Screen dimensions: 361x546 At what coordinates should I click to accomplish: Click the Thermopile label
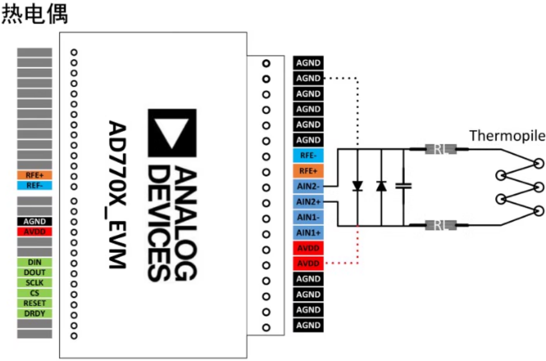(507, 136)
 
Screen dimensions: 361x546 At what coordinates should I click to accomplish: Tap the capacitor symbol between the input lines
(404, 186)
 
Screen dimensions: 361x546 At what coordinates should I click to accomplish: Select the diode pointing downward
(357, 186)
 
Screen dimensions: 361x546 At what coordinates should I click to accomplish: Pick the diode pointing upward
(381, 186)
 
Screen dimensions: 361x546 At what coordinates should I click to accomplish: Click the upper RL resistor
(440, 150)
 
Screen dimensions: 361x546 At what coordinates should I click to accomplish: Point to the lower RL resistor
(440, 225)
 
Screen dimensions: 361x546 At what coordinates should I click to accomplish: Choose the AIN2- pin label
(308, 186)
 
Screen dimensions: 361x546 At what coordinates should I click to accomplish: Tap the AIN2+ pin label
(308, 202)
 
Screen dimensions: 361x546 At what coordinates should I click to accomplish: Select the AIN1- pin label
(308, 217)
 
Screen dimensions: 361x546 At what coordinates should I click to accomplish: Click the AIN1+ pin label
(308, 233)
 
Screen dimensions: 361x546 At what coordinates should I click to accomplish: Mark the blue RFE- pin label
(308, 155)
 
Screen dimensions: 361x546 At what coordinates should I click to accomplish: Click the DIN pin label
(34, 262)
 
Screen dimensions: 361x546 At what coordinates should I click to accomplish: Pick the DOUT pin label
(34, 273)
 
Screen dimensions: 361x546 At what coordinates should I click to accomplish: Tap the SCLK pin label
(34, 283)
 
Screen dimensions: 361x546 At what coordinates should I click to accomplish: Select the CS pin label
(34, 293)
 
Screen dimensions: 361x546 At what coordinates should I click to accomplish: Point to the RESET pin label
(34, 303)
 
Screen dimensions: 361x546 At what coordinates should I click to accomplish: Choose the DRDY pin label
(34, 313)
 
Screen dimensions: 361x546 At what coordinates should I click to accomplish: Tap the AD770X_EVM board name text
(117, 195)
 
